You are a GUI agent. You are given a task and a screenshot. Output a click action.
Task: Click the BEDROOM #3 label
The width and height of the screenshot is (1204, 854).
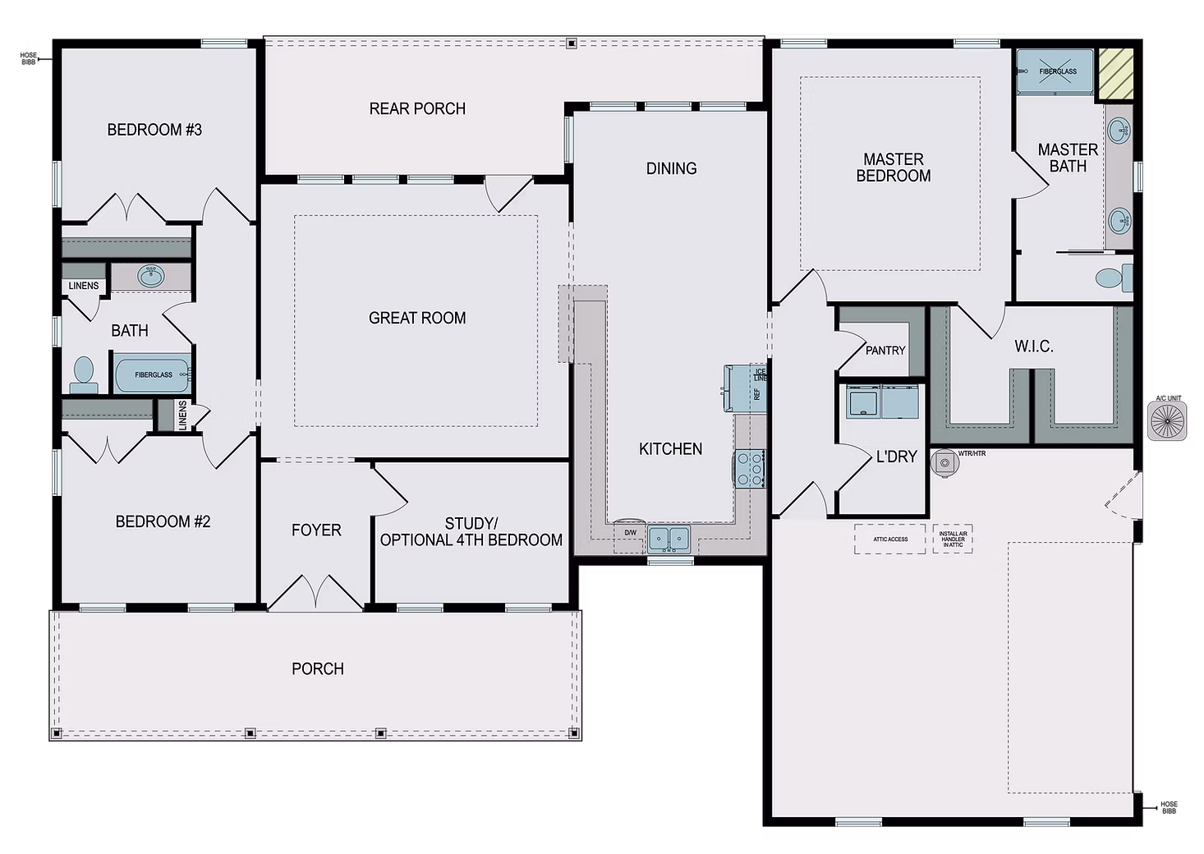click(x=154, y=130)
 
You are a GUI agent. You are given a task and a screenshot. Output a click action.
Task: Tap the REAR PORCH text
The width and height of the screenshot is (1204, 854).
click(x=417, y=108)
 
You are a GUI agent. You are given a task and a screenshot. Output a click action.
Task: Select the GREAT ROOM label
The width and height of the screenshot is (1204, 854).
click(x=417, y=318)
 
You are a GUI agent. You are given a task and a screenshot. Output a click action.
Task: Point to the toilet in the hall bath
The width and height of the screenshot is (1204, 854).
click(x=83, y=374)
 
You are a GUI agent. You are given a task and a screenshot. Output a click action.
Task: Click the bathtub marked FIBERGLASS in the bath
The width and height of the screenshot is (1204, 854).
click(x=153, y=374)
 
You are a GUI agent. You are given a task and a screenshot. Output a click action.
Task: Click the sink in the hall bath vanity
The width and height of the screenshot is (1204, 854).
click(x=151, y=276)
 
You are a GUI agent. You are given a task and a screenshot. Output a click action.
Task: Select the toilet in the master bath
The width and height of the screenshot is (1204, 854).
click(x=1112, y=278)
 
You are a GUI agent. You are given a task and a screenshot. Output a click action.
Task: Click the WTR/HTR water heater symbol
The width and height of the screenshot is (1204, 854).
click(x=945, y=463)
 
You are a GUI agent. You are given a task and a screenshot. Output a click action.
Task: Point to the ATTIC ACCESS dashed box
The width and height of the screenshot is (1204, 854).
click(x=890, y=539)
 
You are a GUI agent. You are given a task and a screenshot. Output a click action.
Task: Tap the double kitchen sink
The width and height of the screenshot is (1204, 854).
click(x=669, y=539)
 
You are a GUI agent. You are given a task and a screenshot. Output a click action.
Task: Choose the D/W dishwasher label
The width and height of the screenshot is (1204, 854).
click(x=630, y=533)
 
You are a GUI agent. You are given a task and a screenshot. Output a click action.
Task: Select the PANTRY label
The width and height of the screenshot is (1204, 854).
click(x=885, y=351)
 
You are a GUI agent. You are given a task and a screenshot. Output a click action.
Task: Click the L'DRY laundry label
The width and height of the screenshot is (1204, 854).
click(x=896, y=457)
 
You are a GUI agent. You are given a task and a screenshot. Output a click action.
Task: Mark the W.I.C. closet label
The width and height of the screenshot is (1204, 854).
click(x=1033, y=347)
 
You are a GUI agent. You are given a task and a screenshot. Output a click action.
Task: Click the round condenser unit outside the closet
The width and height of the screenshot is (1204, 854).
click(x=1166, y=421)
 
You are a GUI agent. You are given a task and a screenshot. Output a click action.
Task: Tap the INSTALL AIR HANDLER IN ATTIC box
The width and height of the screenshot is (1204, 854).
click(x=953, y=539)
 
